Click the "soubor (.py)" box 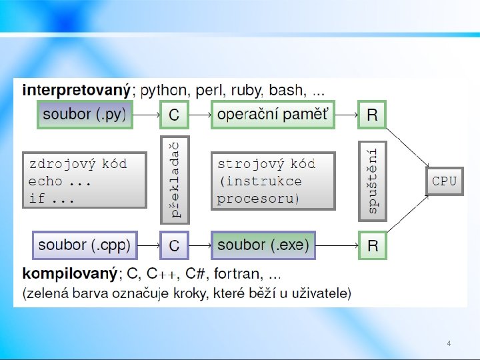tap(85, 114)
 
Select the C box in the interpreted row tap(173, 115)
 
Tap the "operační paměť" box tap(273, 114)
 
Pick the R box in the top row tap(372, 115)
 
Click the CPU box tap(445, 181)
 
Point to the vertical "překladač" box tap(175, 180)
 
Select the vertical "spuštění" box tap(373, 180)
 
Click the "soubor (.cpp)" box tap(85, 245)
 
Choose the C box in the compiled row tap(173, 245)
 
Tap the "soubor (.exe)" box tap(263, 245)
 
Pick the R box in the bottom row tap(372, 245)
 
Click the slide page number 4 tap(449, 343)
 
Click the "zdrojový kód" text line tap(77, 163)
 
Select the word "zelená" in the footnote tap(49, 293)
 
